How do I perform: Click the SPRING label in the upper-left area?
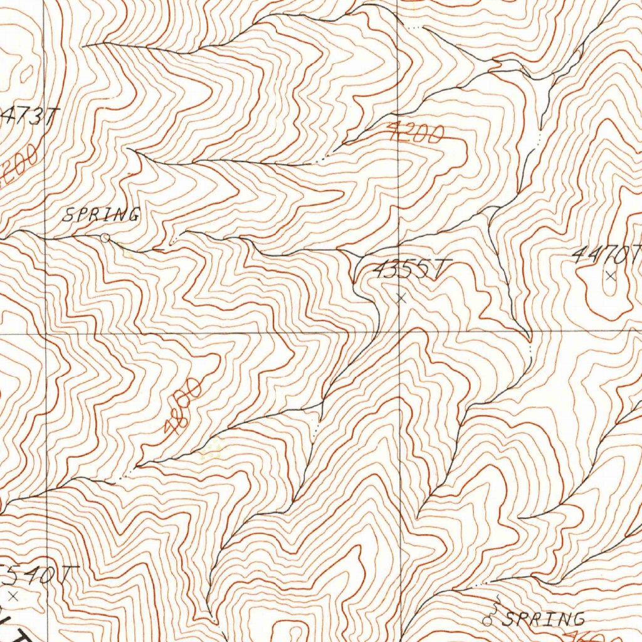[100, 216]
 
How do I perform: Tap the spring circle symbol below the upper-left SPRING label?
[105, 238]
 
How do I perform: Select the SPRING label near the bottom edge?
[544, 619]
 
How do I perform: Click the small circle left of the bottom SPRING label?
[487, 621]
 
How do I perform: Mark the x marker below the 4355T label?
[402, 299]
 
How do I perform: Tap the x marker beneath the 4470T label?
[611, 275]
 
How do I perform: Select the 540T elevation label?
[40, 574]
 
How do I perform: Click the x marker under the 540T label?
[13, 594]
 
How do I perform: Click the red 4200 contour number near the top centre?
[415, 132]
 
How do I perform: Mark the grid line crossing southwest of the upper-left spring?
[45, 334]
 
